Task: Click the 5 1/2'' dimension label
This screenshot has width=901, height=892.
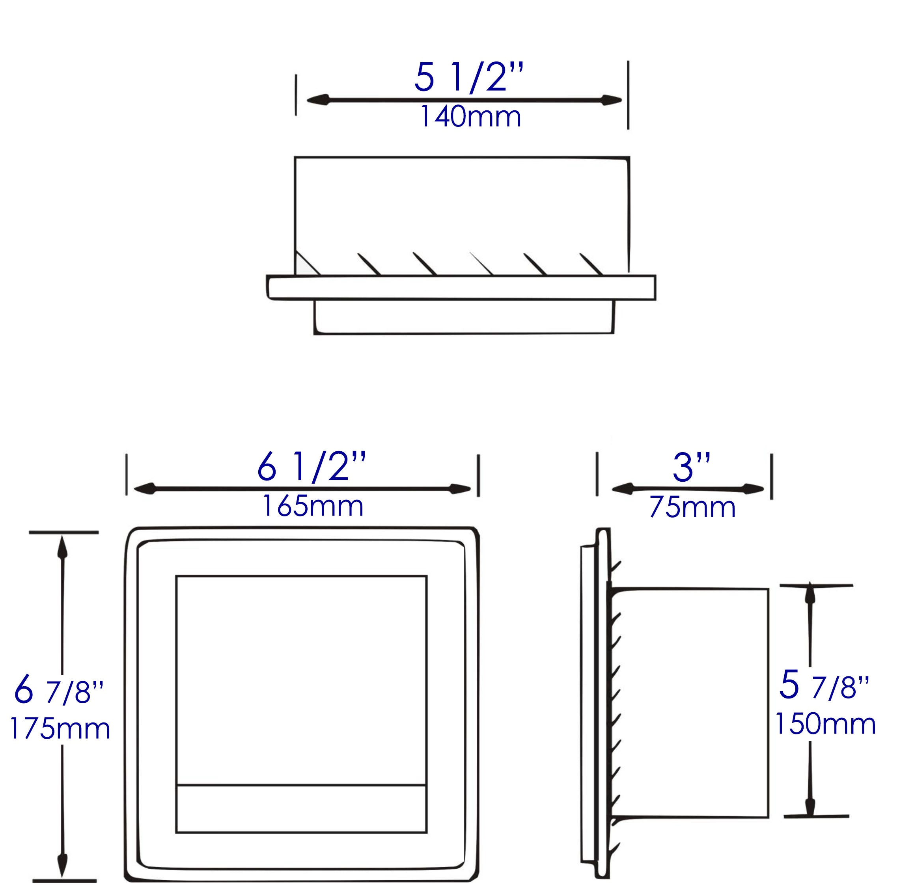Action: [x=469, y=77]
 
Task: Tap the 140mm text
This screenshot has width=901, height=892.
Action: [x=470, y=117]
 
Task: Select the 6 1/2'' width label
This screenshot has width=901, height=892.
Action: [x=311, y=467]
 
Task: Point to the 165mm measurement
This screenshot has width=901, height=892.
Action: [x=312, y=506]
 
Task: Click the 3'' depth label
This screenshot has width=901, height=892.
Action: [x=692, y=468]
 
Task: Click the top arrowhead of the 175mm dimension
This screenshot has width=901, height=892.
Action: [x=62, y=548]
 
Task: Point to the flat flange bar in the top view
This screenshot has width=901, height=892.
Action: [x=461, y=287]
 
